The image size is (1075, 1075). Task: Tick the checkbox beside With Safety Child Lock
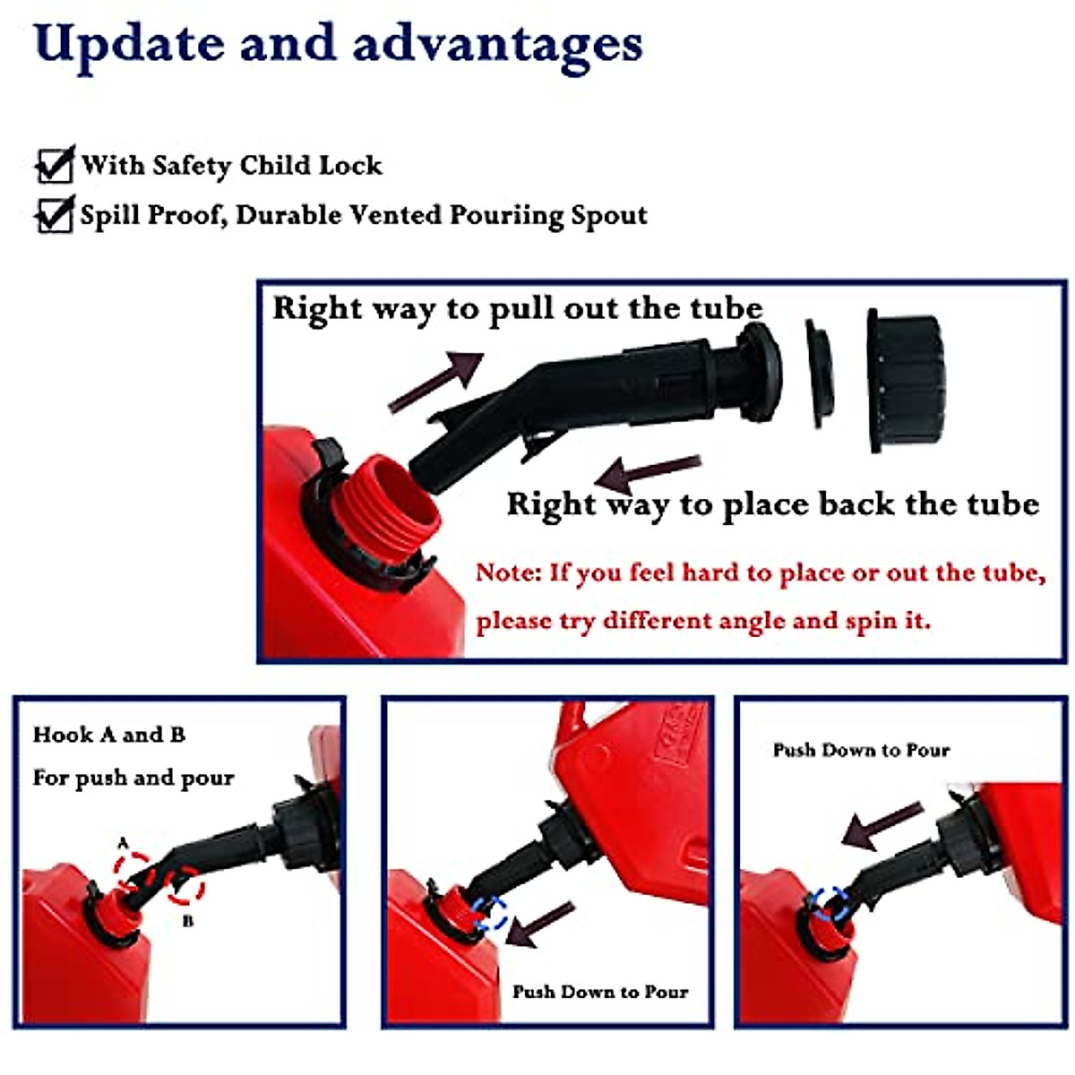pyautogui.click(x=54, y=166)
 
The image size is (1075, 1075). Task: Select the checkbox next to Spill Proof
pyautogui.click(x=54, y=216)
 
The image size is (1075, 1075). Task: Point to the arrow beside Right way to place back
pyautogui.click(x=649, y=472)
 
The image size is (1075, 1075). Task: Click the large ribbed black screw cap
pyautogui.click(x=905, y=381)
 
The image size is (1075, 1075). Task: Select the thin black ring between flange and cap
pyautogui.click(x=820, y=374)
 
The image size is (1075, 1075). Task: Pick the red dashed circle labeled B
pyautogui.click(x=185, y=887)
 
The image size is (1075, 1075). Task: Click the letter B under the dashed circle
pyautogui.click(x=187, y=922)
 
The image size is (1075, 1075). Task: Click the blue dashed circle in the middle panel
pyautogui.click(x=489, y=915)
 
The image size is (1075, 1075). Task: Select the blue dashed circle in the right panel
pyautogui.click(x=829, y=903)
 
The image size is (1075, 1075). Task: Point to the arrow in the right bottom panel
pyautogui.click(x=881, y=825)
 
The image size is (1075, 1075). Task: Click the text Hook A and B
pyautogui.click(x=109, y=735)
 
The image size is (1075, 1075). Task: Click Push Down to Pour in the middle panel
pyautogui.click(x=599, y=992)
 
